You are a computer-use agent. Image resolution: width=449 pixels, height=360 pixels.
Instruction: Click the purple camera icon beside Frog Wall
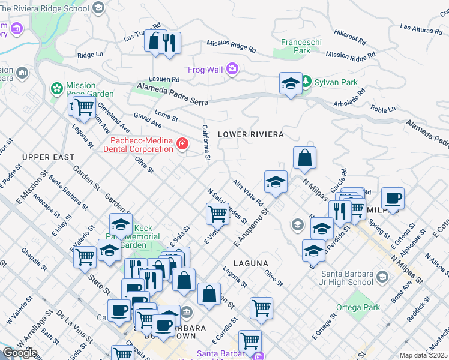tap(232, 70)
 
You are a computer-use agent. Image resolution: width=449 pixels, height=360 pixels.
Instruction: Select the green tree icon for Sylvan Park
tap(306, 81)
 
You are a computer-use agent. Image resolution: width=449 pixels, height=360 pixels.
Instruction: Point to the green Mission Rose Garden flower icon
tap(57, 89)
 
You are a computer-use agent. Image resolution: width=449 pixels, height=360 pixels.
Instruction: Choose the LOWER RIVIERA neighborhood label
tap(250, 134)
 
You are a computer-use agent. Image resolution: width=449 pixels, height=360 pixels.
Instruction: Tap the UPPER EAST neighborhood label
tap(48, 157)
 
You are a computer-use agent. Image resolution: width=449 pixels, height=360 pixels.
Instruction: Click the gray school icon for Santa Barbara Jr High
tap(382, 277)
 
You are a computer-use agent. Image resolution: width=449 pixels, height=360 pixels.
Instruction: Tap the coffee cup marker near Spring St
tap(393, 198)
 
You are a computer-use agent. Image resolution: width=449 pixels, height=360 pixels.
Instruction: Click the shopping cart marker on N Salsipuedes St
tap(217, 213)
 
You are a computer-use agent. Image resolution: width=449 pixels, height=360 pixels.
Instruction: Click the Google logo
tap(20, 353)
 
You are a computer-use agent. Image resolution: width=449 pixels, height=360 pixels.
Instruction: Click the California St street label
tap(205, 143)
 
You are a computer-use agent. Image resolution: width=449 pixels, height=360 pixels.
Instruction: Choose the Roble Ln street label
tap(383, 109)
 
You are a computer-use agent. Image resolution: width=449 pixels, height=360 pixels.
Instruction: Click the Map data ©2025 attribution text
tap(423, 355)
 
